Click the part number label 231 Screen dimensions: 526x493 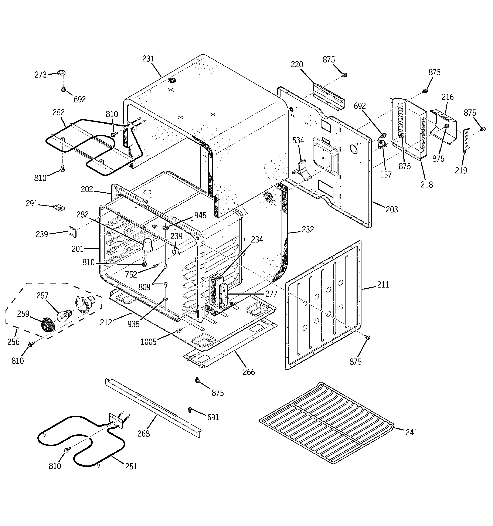click(148, 59)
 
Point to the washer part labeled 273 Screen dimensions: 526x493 click(61, 73)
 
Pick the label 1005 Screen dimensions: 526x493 click(149, 342)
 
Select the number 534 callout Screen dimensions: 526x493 click(298, 140)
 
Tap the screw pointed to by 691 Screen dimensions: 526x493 click(190, 409)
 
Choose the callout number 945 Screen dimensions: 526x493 click(200, 215)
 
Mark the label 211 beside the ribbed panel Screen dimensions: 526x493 click(383, 285)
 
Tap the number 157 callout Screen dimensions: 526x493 click(386, 175)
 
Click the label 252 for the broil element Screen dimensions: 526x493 click(58, 112)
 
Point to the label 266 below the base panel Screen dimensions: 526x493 click(249, 372)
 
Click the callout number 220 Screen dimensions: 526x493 click(297, 64)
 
